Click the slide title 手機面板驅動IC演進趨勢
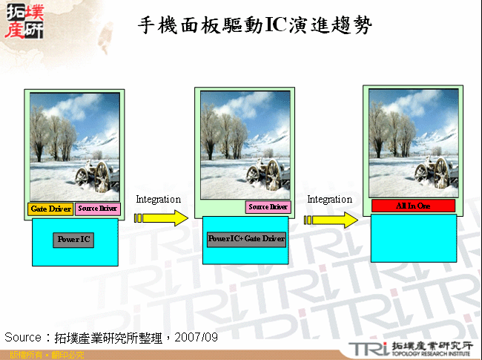255,25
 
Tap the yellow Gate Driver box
50,209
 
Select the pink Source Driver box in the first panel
97,209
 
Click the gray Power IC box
73,240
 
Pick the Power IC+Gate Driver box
246,239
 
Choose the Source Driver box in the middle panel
268,207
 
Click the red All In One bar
413,206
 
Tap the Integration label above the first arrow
158,200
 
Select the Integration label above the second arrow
329,200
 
